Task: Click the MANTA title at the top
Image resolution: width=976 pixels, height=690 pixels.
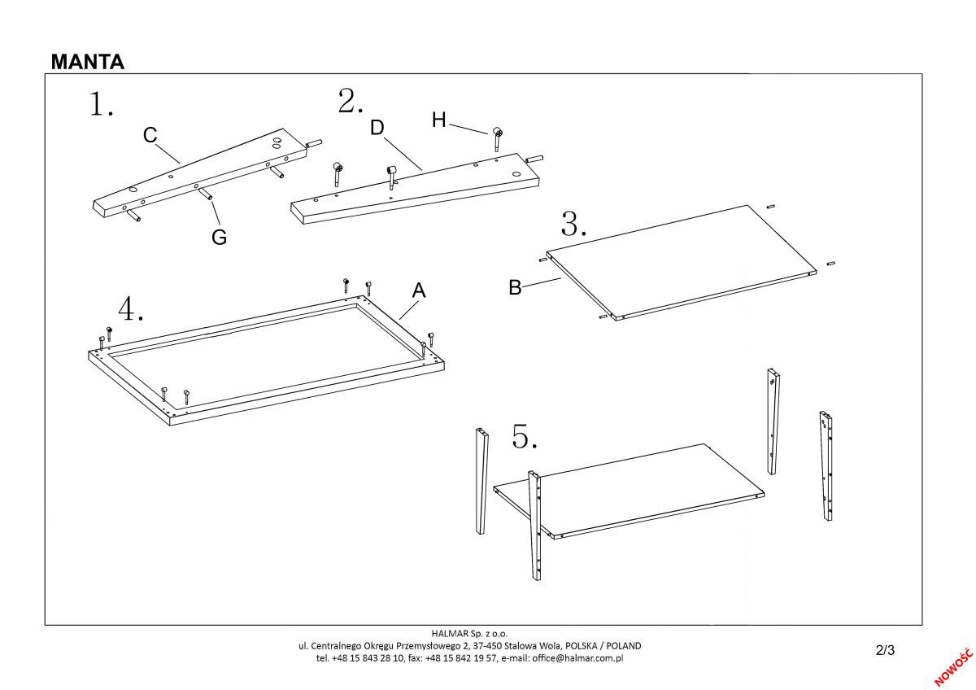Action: coord(87,63)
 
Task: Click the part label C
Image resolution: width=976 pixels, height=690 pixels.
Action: coord(150,136)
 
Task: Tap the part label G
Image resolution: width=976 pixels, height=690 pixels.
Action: coord(219,238)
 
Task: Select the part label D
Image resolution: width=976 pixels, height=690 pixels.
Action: coord(377,128)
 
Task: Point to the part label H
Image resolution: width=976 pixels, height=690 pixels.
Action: coord(439,120)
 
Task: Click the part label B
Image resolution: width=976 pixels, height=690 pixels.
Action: coord(515,287)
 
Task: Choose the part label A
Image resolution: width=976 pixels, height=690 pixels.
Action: coord(419,290)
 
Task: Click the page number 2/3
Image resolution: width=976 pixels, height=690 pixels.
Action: coord(885,650)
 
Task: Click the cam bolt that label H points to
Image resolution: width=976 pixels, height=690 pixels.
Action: coord(496,135)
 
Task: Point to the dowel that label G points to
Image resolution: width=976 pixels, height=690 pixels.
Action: coord(207,194)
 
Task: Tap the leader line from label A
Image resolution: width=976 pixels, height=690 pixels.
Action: coord(409,309)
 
